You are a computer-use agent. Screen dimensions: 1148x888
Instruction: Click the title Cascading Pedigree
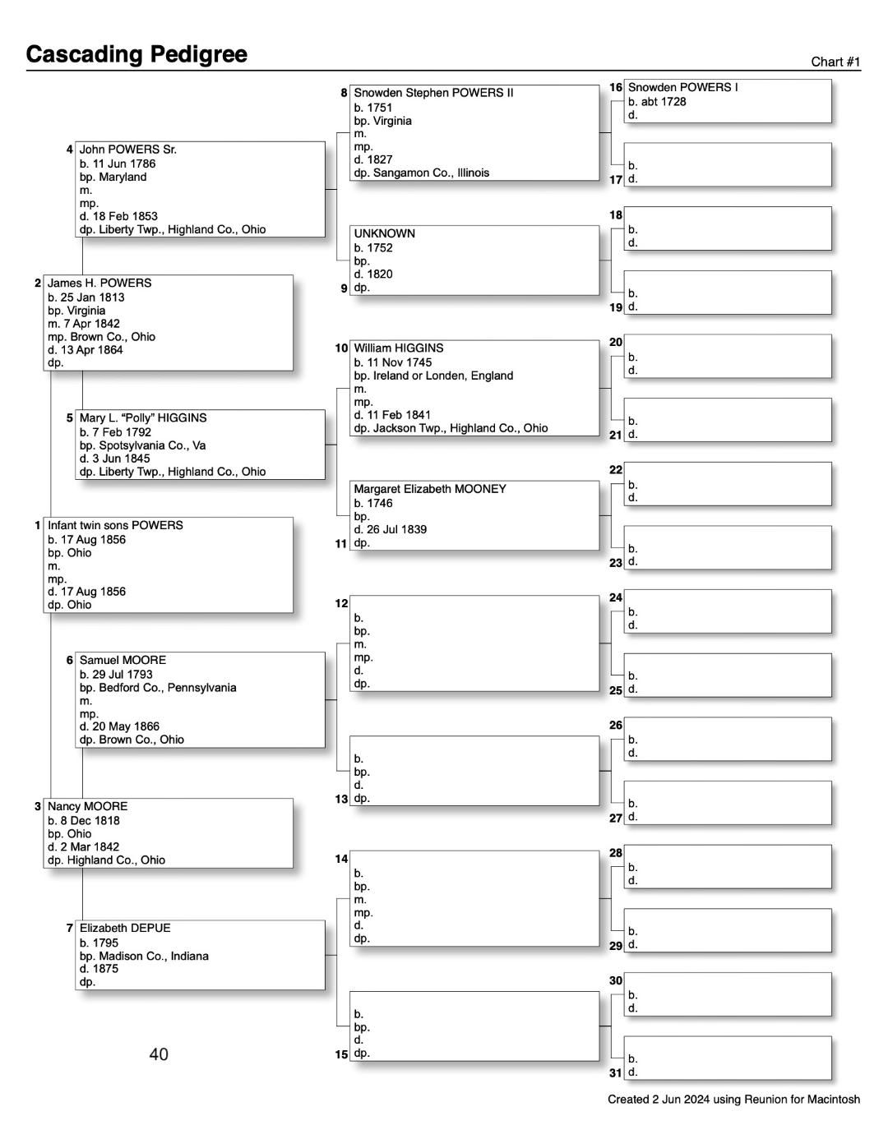pyautogui.click(x=136, y=54)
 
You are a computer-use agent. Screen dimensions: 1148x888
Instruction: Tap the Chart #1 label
pyautogui.click(x=835, y=62)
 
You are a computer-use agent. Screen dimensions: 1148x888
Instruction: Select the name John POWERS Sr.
pyautogui.click(x=127, y=150)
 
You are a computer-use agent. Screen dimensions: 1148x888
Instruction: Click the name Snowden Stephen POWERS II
pyautogui.click(x=433, y=93)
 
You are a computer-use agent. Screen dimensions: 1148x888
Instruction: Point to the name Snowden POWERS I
pyautogui.click(x=682, y=87)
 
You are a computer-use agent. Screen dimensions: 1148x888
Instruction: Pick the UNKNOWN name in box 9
pyautogui.click(x=384, y=233)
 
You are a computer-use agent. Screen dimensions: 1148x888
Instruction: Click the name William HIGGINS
pyautogui.click(x=398, y=348)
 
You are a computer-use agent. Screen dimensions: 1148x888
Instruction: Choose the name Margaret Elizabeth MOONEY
pyautogui.click(x=429, y=489)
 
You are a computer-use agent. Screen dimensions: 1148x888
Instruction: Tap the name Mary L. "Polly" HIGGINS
pyautogui.click(x=143, y=417)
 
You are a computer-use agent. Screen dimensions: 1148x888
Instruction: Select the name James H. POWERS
pyautogui.click(x=99, y=283)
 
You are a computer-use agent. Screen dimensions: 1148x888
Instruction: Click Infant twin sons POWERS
pyautogui.click(x=115, y=525)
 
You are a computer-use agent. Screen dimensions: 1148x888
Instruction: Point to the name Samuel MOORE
pyautogui.click(x=123, y=660)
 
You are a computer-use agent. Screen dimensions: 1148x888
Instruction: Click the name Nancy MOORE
pyautogui.click(x=87, y=806)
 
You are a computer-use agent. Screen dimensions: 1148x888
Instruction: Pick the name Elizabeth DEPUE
pyautogui.click(x=125, y=928)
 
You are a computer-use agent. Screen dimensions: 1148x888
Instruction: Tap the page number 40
pyautogui.click(x=159, y=1054)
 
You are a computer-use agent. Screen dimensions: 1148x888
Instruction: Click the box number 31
pyautogui.click(x=616, y=1072)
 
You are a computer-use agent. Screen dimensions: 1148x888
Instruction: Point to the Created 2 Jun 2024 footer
pyautogui.click(x=733, y=1100)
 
